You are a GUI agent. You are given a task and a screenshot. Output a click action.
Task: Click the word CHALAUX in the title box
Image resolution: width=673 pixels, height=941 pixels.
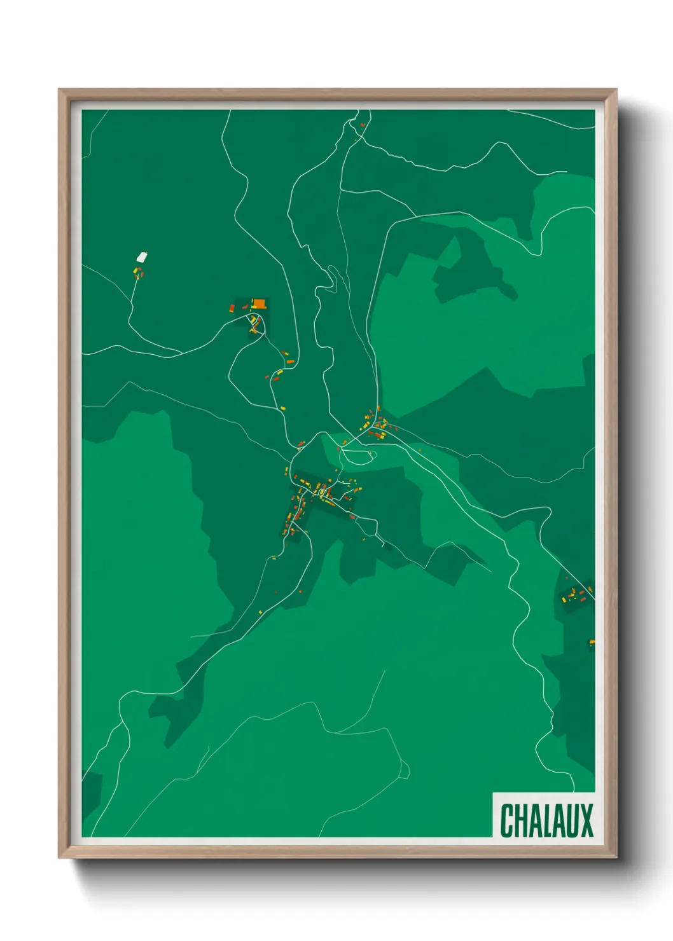[546, 820]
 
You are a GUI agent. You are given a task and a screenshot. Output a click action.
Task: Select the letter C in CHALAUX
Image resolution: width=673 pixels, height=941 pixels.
[508, 820]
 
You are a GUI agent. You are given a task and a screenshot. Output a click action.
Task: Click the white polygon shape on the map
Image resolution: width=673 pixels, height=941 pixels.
[142, 258]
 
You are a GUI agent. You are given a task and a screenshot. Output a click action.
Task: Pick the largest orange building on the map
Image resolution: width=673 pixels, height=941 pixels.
[258, 303]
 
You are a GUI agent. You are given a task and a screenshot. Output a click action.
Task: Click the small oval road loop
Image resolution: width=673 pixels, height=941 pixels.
[357, 455]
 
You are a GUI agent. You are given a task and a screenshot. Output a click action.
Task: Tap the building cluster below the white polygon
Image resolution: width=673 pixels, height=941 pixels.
[137, 273]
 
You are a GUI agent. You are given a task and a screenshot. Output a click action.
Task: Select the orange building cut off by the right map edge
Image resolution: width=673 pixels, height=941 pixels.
[592, 642]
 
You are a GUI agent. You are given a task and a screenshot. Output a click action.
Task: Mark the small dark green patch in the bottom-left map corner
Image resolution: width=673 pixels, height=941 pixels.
[91, 792]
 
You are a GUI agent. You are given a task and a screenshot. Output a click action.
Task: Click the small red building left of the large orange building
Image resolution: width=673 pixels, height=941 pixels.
[232, 308]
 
